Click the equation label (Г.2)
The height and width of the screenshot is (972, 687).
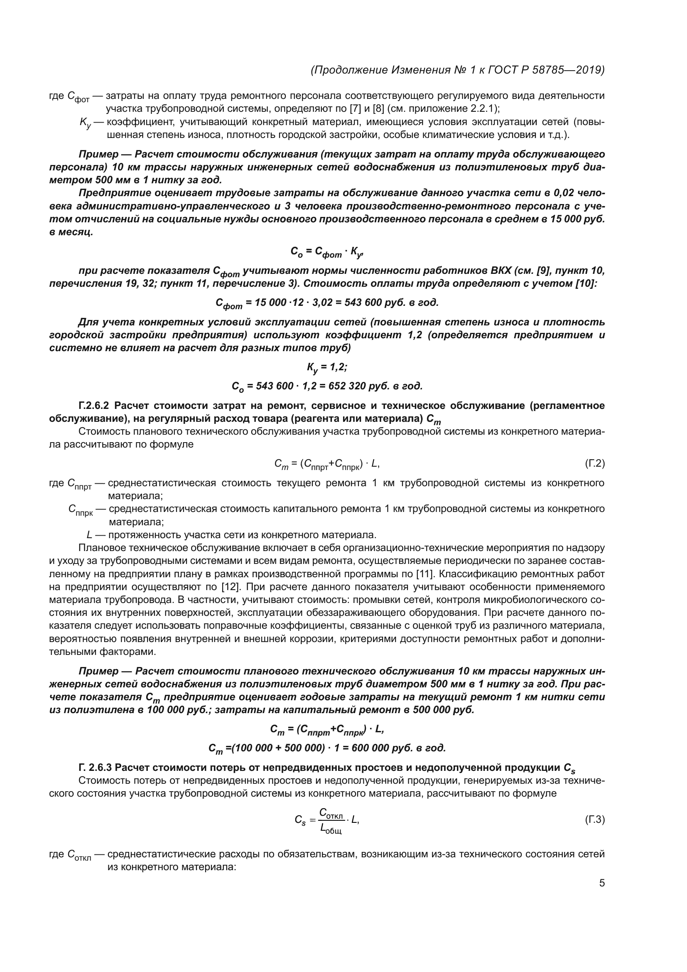[595, 464]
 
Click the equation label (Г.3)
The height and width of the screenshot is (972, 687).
[595, 832]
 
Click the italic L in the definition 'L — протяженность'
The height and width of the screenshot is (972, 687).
[89, 534]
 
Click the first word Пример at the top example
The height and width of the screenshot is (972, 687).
[98, 154]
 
